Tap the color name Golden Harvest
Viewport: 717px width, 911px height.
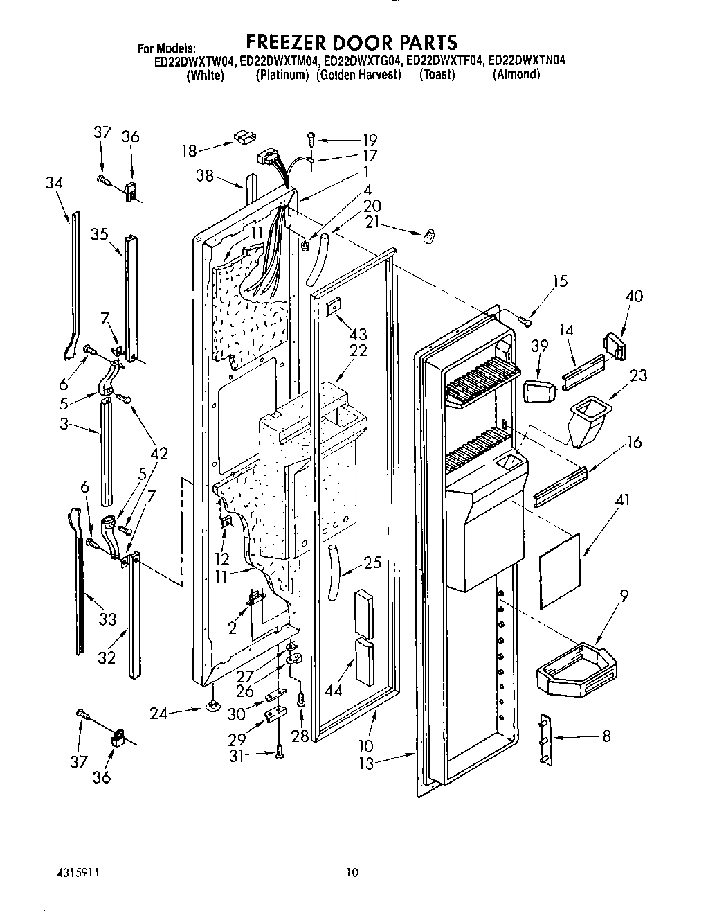pyautogui.click(x=358, y=75)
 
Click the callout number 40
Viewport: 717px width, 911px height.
pyautogui.click(x=633, y=297)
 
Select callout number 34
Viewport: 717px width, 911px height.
pyautogui.click(x=53, y=183)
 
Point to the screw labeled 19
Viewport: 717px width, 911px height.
pyautogui.click(x=311, y=141)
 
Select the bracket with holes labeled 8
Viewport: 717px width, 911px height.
pyautogui.click(x=545, y=739)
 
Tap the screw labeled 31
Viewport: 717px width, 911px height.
pyautogui.click(x=280, y=750)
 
